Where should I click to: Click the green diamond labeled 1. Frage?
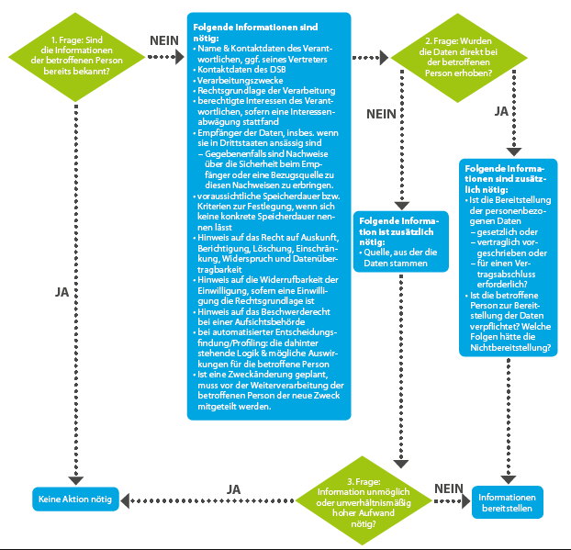click(x=76, y=57)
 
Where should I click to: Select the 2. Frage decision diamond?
click(x=458, y=58)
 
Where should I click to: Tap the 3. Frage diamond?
click(x=363, y=500)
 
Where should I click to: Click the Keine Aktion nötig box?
click(x=75, y=499)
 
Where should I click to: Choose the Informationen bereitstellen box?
click(x=507, y=502)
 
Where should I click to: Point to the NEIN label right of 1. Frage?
click(x=164, y=40)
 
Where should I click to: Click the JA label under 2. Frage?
click(x=501, y=111)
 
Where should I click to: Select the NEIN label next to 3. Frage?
click(x=449, y=488)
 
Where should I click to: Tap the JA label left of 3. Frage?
click(x=233, y=489)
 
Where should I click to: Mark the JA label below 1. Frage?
click(x=62, y=292)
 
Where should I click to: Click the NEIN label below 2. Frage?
click(x=381, y=114)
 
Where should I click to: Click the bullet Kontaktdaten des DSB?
click(x=240, y=70)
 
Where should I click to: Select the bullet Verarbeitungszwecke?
click(x=238, y=80)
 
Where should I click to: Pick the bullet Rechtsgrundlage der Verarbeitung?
click(x=264, y=91)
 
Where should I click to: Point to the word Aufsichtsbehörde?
click(x=270, y=322)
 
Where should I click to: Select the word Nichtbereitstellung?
click(x=510, y=347)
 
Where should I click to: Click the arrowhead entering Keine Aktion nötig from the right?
click(x=125, y=500)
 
